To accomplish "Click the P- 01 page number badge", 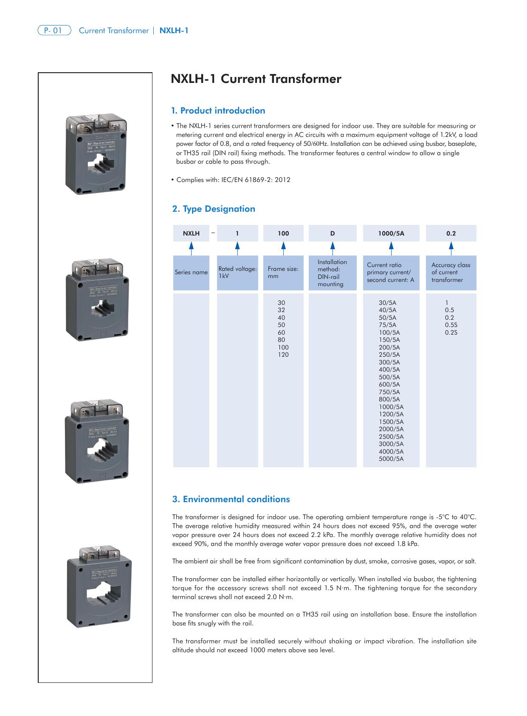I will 54,31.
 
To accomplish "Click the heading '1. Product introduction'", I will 218,111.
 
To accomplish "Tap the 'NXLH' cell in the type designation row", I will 191,233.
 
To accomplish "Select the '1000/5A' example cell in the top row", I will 391,233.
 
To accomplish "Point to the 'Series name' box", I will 191,273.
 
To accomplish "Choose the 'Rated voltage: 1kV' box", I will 237,273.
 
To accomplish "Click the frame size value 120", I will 283,355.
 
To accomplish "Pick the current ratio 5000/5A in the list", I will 391,459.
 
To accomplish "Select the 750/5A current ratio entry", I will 389,392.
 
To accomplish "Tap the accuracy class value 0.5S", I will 451,325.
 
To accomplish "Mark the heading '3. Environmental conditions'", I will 231,499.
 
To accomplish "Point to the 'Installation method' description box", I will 333,273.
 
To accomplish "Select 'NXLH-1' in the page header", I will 174,31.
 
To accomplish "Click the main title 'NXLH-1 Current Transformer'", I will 256,79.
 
